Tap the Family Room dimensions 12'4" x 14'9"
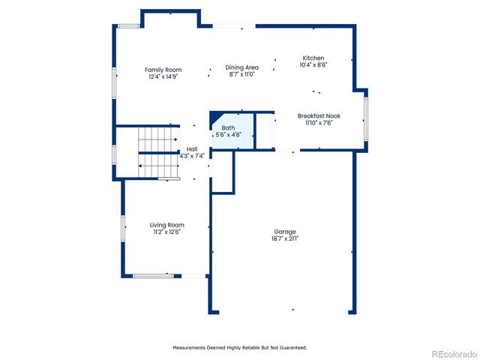[163, 76]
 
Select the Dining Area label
[241, 67]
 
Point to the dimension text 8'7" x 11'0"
[241, 74]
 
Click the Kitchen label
[313, 58]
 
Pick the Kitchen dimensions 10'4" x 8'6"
[313, 64]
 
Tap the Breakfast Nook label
[319, 115]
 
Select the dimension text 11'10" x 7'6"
[319, 122]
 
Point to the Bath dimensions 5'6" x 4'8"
[228, 135]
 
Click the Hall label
[192, 149]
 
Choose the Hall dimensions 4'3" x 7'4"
[192, 156]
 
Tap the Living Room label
[166, 225]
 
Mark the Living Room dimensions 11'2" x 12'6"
[166, 232]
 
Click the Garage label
[284, 232]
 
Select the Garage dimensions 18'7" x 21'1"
[284, 238]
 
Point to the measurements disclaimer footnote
[240, 347]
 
